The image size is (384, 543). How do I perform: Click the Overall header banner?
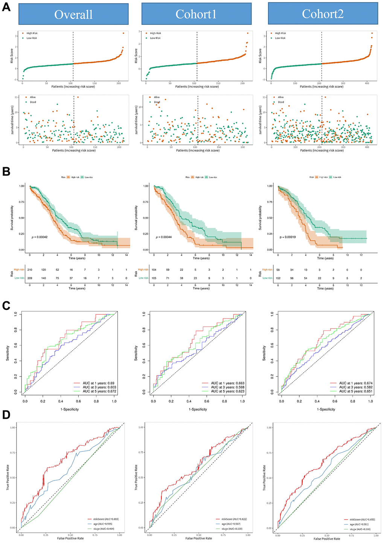73,14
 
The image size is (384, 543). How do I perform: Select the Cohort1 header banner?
196,14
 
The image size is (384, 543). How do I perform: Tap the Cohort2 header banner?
323,14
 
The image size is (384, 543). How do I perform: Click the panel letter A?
6,7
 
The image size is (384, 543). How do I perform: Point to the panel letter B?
6,171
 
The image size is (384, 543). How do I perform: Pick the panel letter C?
6,305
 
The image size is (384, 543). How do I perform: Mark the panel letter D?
6,415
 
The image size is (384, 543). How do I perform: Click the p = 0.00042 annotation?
40,237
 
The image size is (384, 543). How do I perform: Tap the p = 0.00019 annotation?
288,237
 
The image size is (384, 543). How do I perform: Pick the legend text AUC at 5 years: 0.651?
356,391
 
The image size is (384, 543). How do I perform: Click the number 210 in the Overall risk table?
30,270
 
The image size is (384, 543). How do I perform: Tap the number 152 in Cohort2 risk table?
278,278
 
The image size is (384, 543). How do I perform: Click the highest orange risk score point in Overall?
123,33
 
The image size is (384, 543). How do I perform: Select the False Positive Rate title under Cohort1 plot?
199,538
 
